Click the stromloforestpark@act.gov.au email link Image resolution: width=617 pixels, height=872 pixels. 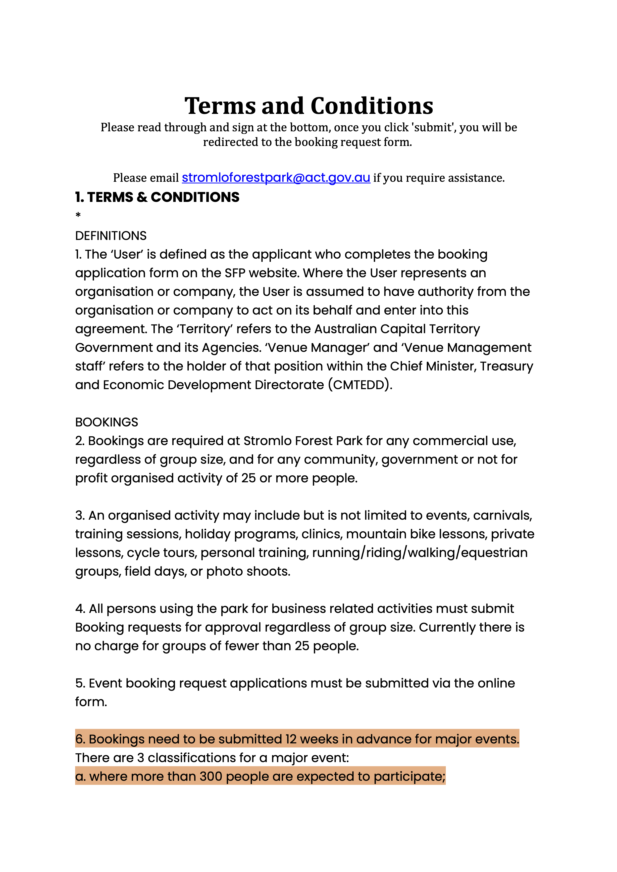pyautogui.click(x=276, y=178)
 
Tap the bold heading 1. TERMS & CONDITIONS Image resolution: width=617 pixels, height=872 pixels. pyautogui.click(x=157, y=197)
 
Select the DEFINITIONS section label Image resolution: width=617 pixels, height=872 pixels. pyautogui.click(x=110, y=236)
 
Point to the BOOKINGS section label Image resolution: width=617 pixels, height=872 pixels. pyautogui.click(x=106, y=422)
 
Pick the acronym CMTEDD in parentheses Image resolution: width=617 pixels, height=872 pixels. pyautogui.click(x=360, y=385)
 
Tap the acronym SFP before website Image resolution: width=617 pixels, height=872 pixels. pyautogui.click(x=235, y=273)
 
